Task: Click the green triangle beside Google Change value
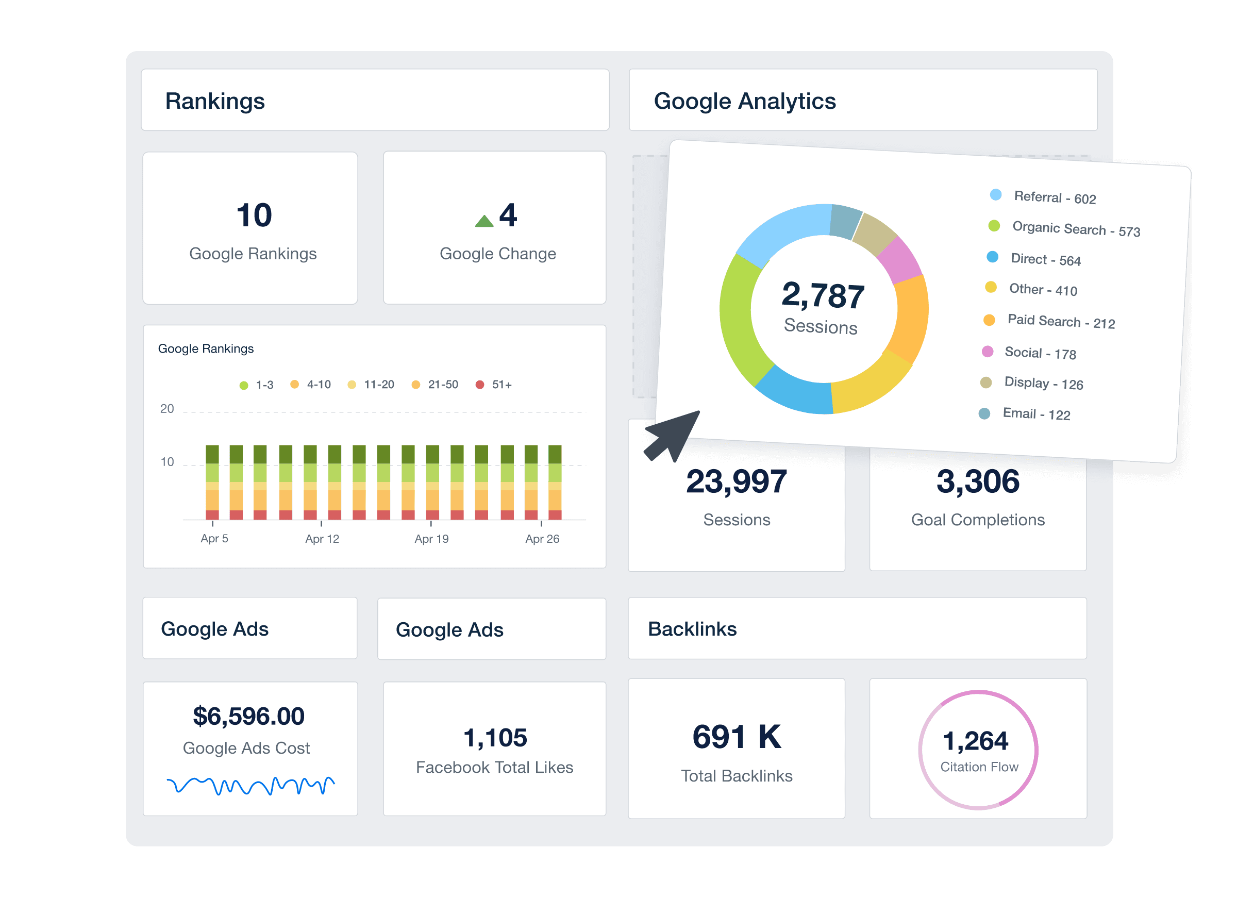tap(484, 221)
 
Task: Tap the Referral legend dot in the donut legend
tap(995, 195)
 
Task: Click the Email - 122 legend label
tap(1036, 414)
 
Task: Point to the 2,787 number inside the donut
tap(823, 295)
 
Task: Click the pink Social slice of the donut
tap(900, 260)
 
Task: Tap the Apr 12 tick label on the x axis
tap(322, 539)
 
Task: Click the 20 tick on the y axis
tap(167, 409)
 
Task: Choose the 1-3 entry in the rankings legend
tap(257, 385)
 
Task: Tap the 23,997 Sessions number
tap(737, 482)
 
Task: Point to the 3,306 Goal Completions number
tap(977, 482)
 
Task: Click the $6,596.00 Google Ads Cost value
tap(249, 716)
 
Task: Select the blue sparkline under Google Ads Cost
tap(250, 786)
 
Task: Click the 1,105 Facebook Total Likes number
tap(495, 738)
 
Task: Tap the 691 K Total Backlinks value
tap(737, 737)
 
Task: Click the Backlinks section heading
tap(692, 629)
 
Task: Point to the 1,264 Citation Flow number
tap(975, 741)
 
